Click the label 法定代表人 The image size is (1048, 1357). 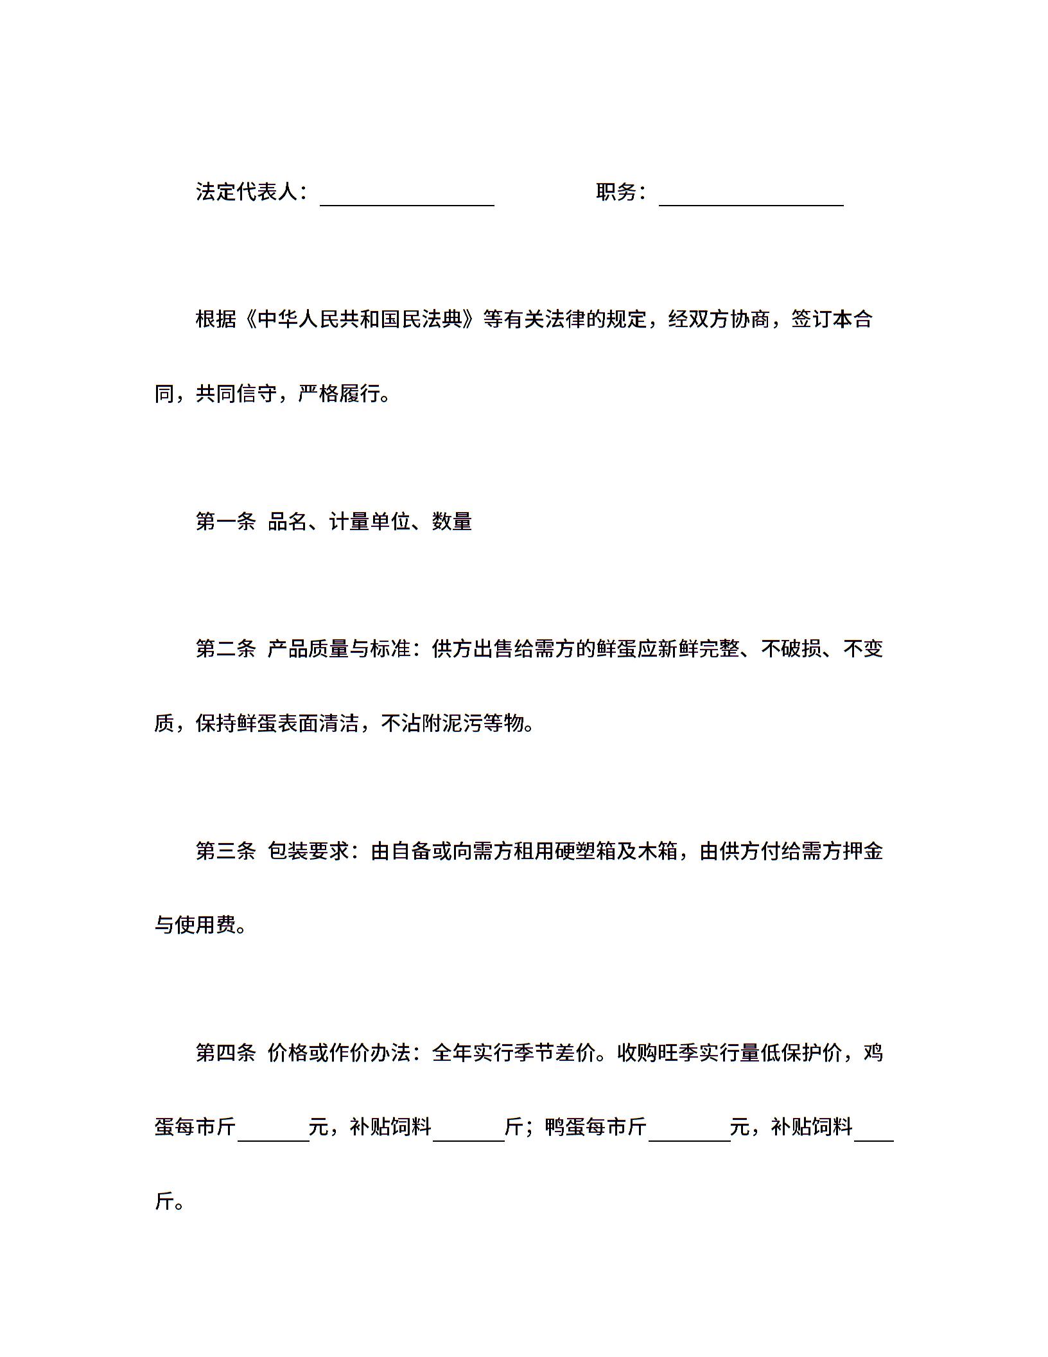(247, 191)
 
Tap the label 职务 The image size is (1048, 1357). (616, 191)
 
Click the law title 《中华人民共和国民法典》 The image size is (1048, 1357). (360, 319)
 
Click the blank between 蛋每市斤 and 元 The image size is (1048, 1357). (274, 1128)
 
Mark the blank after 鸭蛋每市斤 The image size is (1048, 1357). (689, 1128)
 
